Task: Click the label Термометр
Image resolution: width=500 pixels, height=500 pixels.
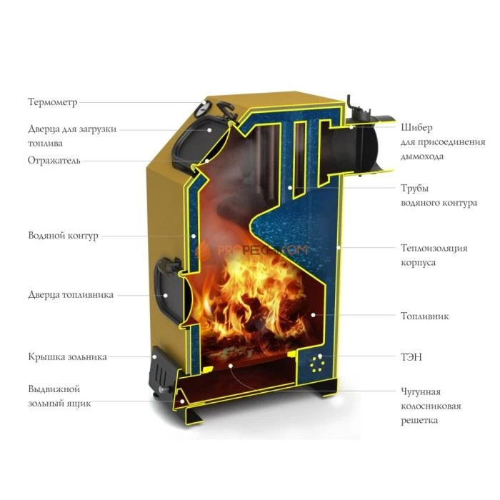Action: (x=53, y=102)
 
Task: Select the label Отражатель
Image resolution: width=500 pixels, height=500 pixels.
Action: (x=54, y=160)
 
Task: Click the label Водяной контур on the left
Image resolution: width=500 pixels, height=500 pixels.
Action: (x=63, y=236)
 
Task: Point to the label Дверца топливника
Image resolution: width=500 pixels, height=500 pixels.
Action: (x=71, y=294)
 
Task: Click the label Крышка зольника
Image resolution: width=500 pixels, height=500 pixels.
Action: (x=67, y=356)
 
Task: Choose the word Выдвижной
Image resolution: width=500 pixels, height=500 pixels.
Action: (x=54, y=389)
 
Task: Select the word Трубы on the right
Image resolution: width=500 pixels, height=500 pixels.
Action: (x=414, y=189)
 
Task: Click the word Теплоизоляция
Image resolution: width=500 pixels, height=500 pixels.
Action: (x=434, y=248)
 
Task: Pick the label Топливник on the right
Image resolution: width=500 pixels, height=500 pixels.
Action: (x=425, y=316)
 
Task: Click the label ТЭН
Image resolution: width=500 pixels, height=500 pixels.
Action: (x=411, y=357)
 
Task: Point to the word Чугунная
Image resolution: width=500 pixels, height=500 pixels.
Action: (x=421, y=391)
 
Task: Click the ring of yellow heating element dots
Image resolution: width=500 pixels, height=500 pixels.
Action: (x=318, y=364)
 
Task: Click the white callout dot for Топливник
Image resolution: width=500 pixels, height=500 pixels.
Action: (x=313, y=315)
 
